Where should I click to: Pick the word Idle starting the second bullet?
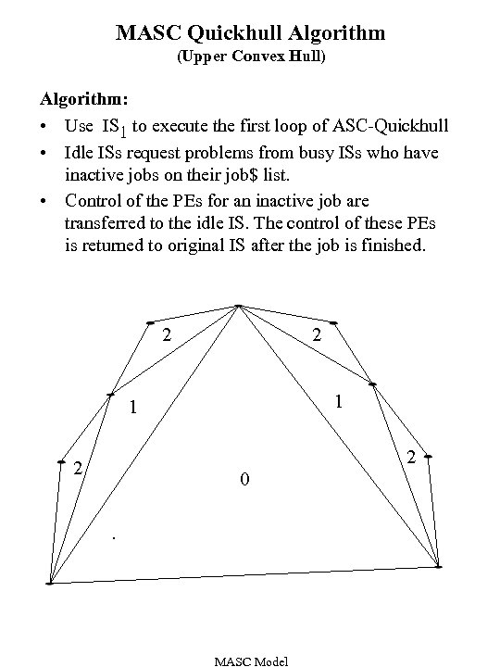pyautogui.click(x=80, y=151)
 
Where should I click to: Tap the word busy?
pyautogui.click(x=317, y=151)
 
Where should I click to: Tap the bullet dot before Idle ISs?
pyautogui.click(x=44, y=151)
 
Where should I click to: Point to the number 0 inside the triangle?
pyautogui.click(x=243, y=480)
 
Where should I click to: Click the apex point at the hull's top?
pyautogui.click(x=239, y=307)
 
